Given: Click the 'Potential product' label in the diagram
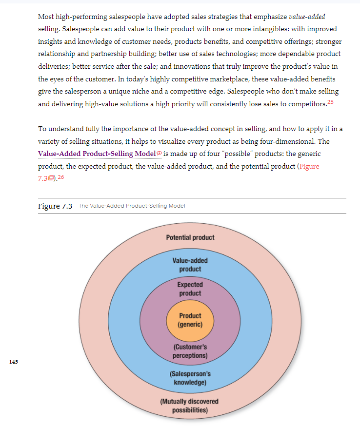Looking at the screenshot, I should click(190, 237).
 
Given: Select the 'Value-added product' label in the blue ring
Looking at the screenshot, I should click(190, 265).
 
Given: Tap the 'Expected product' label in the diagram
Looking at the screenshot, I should click(190, 289).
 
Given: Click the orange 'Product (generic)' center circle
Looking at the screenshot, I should click(190, 320).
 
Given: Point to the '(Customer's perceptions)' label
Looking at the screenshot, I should click(190, 351).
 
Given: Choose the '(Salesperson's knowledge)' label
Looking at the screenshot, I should click(190, 378).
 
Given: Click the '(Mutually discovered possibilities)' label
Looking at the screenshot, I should click(190, 406).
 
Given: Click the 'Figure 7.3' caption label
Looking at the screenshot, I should click(55, 206).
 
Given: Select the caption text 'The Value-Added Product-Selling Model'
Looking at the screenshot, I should click(132, 206).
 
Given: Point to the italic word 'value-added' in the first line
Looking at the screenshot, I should click(307, 17).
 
